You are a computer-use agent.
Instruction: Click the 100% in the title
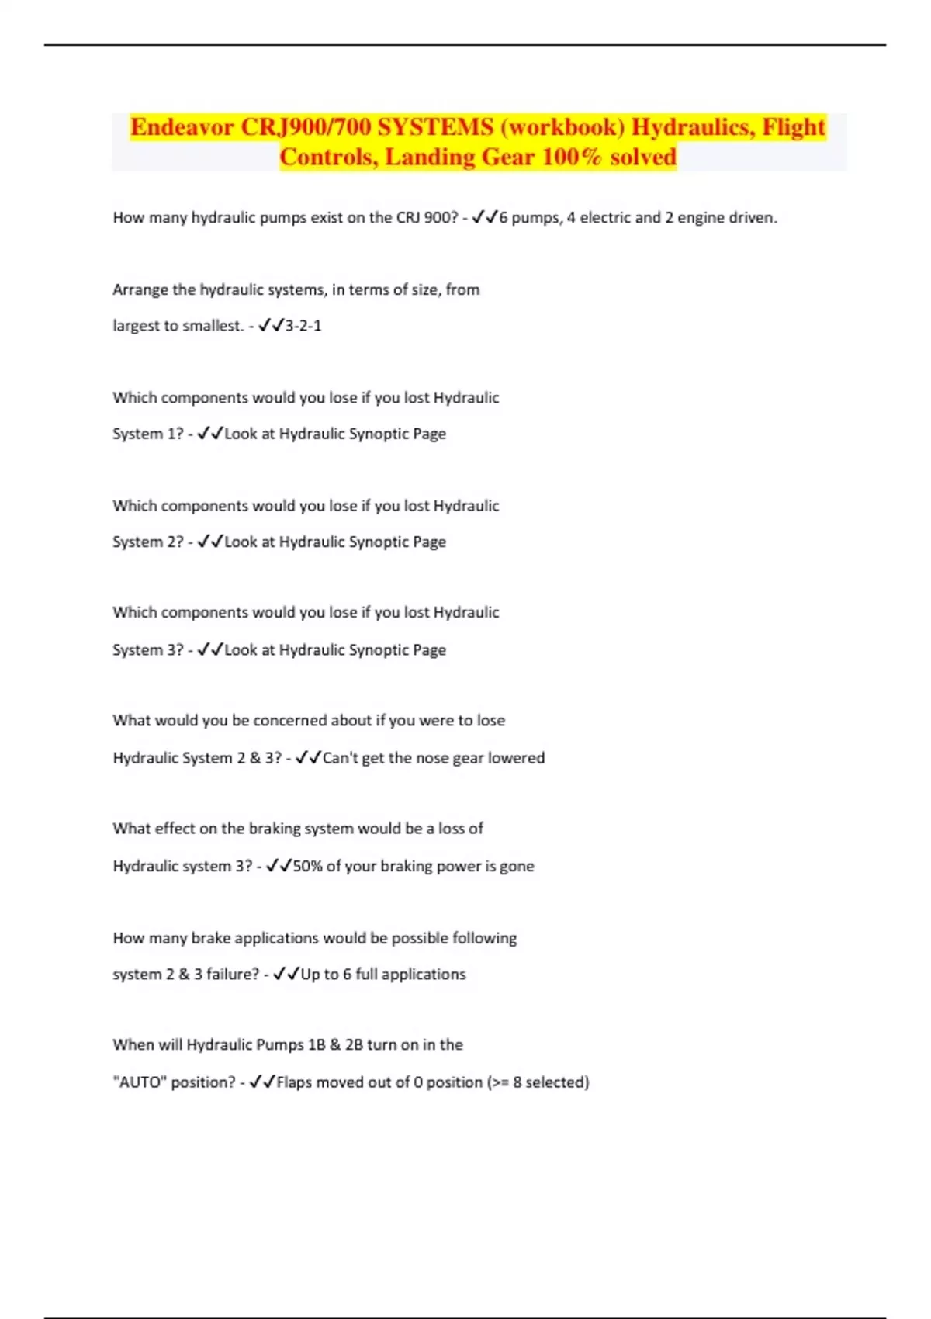coord(572,158)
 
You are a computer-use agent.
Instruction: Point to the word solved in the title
coord(643,158)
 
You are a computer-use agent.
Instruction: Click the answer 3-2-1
coord(303,326)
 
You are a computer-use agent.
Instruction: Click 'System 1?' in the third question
coord(148,434)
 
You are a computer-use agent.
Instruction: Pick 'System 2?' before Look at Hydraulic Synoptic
coord(148,542)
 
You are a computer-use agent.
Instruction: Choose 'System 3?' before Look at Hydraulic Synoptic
coord(148,649)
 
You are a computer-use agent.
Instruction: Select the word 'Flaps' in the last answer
coord(294,1082)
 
